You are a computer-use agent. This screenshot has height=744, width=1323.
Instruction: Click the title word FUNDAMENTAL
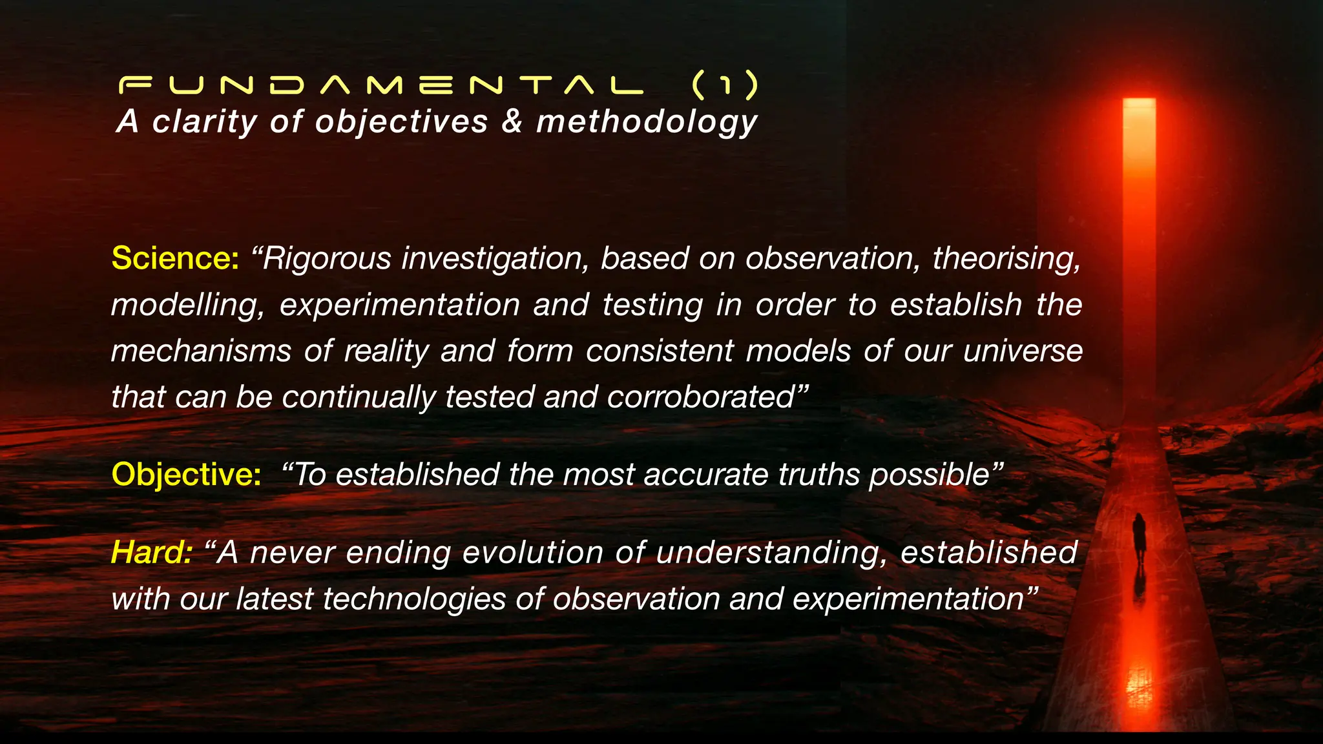pyautogui.click(x=381, y=86)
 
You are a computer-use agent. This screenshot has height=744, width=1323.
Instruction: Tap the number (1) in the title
pyautogui.click(x=724, y=86)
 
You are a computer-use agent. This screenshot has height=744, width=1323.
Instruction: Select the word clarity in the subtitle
pyautogui.click(x=204, y=121)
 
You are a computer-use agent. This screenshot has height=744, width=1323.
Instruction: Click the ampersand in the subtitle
pyautogui.click(x=512, y=121)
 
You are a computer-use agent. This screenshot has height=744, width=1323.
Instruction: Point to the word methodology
pyautogui.click(x=647, y=123)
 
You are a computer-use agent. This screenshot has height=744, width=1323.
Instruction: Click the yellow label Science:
pyautogui.click(x=175, y=258)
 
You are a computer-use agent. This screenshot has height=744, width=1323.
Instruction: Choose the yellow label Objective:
pyautogui.click(x=186, y=475)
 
